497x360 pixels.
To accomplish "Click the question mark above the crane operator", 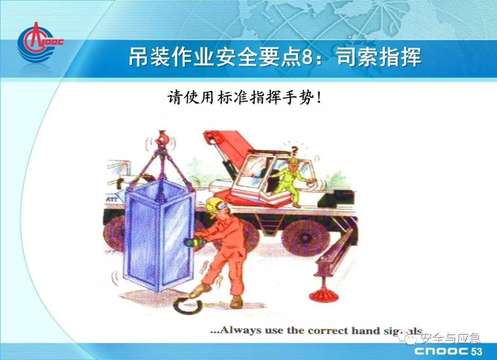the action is tap(295, 150).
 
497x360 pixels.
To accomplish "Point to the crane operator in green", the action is tap(292, 182).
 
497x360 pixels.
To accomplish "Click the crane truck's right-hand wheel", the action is tap(297, 236).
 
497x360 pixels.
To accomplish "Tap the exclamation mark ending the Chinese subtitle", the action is tap(318, 98).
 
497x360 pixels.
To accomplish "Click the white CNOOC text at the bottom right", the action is tap(441, 351).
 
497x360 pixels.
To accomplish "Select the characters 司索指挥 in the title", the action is tap(379, 57).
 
